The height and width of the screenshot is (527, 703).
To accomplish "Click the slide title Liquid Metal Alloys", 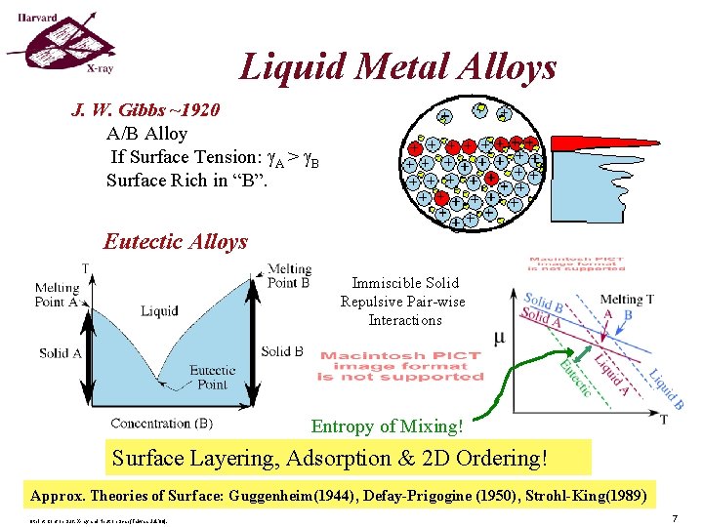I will pos(398,66).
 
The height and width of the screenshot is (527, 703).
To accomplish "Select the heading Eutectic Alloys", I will pos(176,241).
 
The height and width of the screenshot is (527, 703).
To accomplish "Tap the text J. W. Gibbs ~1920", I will pos(145,109).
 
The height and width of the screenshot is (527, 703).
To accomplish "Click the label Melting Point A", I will pos(57,294).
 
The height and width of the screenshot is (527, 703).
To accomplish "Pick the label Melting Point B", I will pos(288,275).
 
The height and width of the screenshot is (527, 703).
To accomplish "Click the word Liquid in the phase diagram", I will pos(159,311).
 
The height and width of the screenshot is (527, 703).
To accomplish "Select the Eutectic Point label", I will pos(212,377).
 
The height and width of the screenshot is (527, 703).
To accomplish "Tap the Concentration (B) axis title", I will pos(161,423).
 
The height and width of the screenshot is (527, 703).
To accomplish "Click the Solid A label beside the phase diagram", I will pos(60,352).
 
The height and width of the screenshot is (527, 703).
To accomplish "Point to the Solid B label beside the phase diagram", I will pos(282,351).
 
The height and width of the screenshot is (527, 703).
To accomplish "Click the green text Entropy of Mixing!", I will pos(387,426).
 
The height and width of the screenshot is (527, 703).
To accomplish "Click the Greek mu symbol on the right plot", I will pos(500,339).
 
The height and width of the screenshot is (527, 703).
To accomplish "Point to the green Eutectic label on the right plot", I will pos(574,378).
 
